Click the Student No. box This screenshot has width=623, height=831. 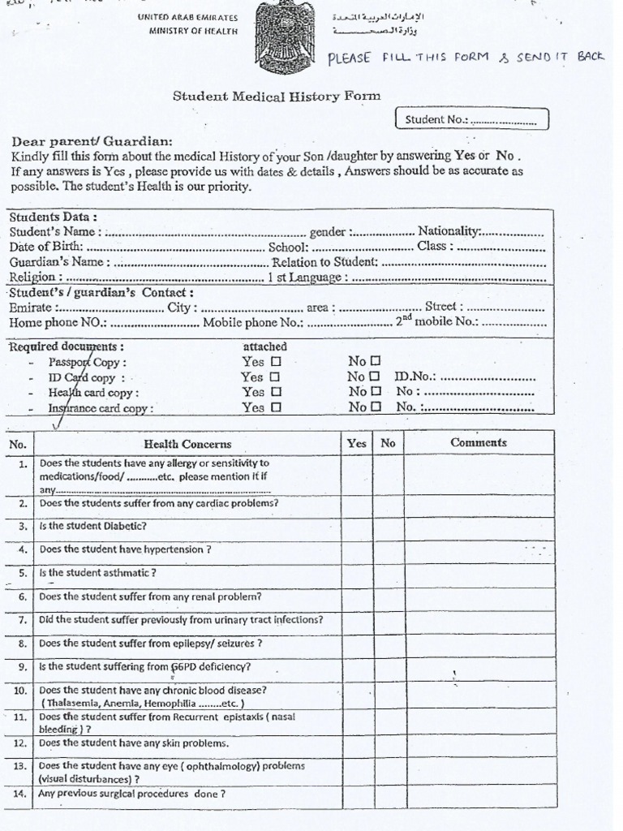[x=471, y=120]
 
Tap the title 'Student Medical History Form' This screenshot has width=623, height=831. [x=277, y=96]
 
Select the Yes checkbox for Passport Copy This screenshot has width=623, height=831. [x=276, y=361]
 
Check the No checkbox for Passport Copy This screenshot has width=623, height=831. [x=374, y=361]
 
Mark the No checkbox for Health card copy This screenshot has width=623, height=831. [x=374, y=392]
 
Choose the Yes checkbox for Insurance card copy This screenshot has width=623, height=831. [x=276, y=408]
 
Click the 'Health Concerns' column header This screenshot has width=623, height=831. [x=187, y=444]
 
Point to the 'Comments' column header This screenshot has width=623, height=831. [x=479, y=443]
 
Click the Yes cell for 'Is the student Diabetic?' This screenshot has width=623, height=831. [x=357, y=526]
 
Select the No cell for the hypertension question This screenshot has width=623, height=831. [x=389, y=549]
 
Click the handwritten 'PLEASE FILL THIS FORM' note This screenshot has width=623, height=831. [x=466, y=58]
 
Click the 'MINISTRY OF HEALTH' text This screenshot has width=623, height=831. [x=193, y=31]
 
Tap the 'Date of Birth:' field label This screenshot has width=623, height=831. [x=45, y=246]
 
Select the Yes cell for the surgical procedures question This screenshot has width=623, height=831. [x=357, y=794]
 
